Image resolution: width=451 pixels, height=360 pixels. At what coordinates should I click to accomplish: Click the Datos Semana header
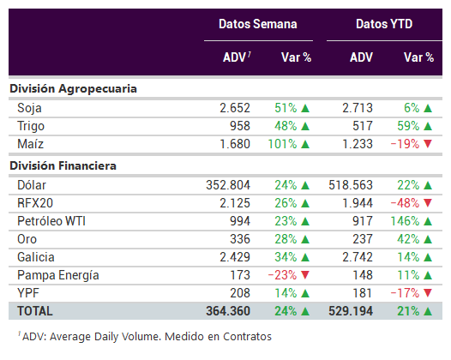(x=258, y=24)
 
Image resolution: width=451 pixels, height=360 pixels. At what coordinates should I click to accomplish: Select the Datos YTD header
(x=384, y=24)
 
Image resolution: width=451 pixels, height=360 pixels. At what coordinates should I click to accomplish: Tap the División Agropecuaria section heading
(x=74, y=89)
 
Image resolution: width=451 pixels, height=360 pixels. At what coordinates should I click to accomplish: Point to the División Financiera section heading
(x=63, y=165)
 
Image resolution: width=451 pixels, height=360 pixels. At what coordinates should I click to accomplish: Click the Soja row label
(x=29, y=108)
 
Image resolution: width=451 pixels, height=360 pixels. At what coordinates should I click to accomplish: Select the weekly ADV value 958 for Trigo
(x=240, y=126)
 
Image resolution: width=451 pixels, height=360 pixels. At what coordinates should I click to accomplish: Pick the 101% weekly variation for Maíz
(x=282, y=144)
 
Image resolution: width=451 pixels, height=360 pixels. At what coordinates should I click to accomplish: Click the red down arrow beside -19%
(x=428, y=143)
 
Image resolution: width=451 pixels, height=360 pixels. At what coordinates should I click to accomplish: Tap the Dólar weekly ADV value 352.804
(x=228, y=185)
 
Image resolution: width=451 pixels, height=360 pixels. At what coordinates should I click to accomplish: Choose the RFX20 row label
(x=35, y=203)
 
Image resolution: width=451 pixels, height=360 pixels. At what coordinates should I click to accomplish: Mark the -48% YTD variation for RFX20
(x=405, y=203)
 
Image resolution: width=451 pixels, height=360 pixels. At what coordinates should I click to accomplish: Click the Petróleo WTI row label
(x=51, y=221)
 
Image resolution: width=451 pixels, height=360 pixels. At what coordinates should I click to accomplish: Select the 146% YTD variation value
(x=405, y=221)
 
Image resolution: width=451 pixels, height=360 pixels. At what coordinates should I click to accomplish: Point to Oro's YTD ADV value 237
(x=363, y=239)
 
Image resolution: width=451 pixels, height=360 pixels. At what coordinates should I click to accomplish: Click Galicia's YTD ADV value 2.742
(x=358, y=257)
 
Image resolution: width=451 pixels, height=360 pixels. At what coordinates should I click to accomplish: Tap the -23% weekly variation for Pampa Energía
(x=282, y=275)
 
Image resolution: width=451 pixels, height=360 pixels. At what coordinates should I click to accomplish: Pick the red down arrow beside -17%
(x=428, y=293)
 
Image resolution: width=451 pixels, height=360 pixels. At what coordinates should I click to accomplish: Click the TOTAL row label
(x=35, y=311)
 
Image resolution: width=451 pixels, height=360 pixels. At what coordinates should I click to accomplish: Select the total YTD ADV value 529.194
(x=351, y=311)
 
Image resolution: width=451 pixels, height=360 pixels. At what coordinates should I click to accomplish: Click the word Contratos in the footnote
(x=247, y=337)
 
